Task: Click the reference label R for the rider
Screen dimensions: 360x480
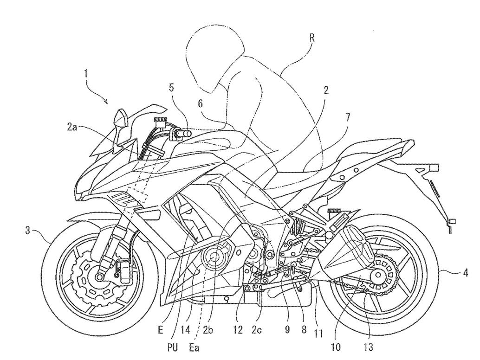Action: point(311,39)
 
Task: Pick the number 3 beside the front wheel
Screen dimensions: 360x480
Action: point(28,230)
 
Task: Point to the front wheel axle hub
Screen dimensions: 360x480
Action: point(99,277)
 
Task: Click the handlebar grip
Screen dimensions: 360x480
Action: point(182,134)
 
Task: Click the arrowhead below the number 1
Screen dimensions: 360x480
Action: point(107,101)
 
